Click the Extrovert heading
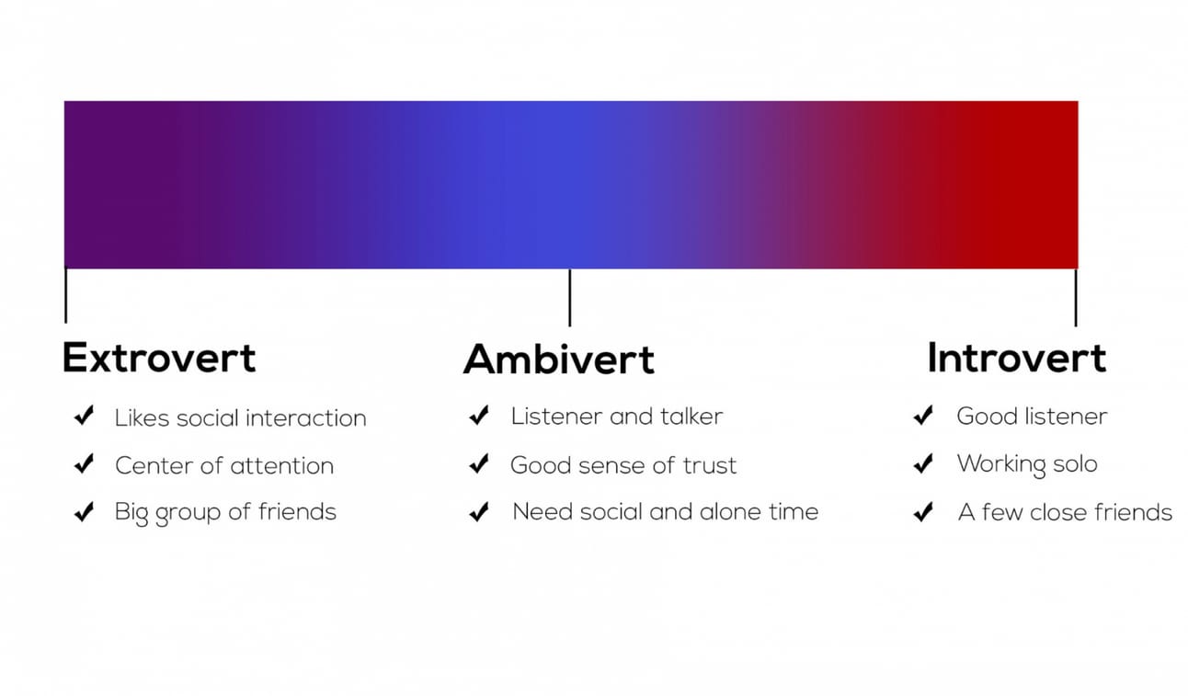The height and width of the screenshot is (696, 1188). click(159, 358)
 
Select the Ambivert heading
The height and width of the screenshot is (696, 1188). click(559, 359)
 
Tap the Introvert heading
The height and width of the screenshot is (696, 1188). click(1017, 358)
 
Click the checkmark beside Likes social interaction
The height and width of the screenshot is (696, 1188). click(85, 416)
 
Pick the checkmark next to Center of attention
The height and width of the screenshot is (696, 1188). click(85, 463)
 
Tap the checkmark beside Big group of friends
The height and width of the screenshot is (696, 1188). click(85, 511)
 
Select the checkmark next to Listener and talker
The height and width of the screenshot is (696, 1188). click(479, 416)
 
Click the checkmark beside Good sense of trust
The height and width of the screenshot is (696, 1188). click(479, 463)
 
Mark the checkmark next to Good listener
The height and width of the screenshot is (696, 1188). click(923, 416)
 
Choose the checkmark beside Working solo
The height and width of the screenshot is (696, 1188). click(923, 463)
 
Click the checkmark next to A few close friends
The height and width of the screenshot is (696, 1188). click(923, 512)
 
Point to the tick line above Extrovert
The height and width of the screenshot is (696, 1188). click(66, 295)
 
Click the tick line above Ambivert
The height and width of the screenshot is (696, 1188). click(569, 298)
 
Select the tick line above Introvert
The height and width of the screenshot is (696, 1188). click(1076, 298)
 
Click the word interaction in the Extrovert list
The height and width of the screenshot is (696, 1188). click(306, 418)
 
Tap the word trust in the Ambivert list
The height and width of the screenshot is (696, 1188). click(710, 465)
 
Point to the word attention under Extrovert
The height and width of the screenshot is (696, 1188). click(282, 466)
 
